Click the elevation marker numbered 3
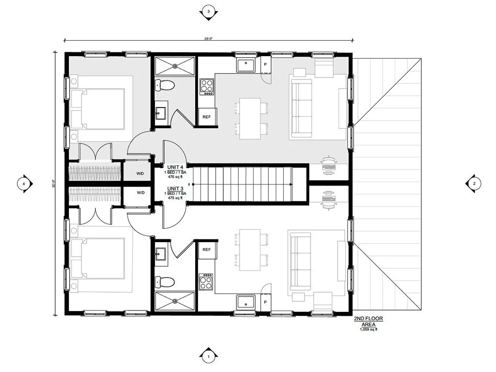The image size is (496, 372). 208,12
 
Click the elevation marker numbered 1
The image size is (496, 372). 208,357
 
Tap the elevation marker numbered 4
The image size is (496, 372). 23,184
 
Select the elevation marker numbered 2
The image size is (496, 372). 474,183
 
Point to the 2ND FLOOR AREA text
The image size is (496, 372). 369,322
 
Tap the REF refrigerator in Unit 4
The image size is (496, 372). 206,117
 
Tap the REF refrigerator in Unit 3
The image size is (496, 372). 206,249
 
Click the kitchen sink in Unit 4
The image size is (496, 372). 247,63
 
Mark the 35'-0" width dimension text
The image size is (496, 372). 208,39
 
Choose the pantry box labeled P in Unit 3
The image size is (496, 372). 265,303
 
